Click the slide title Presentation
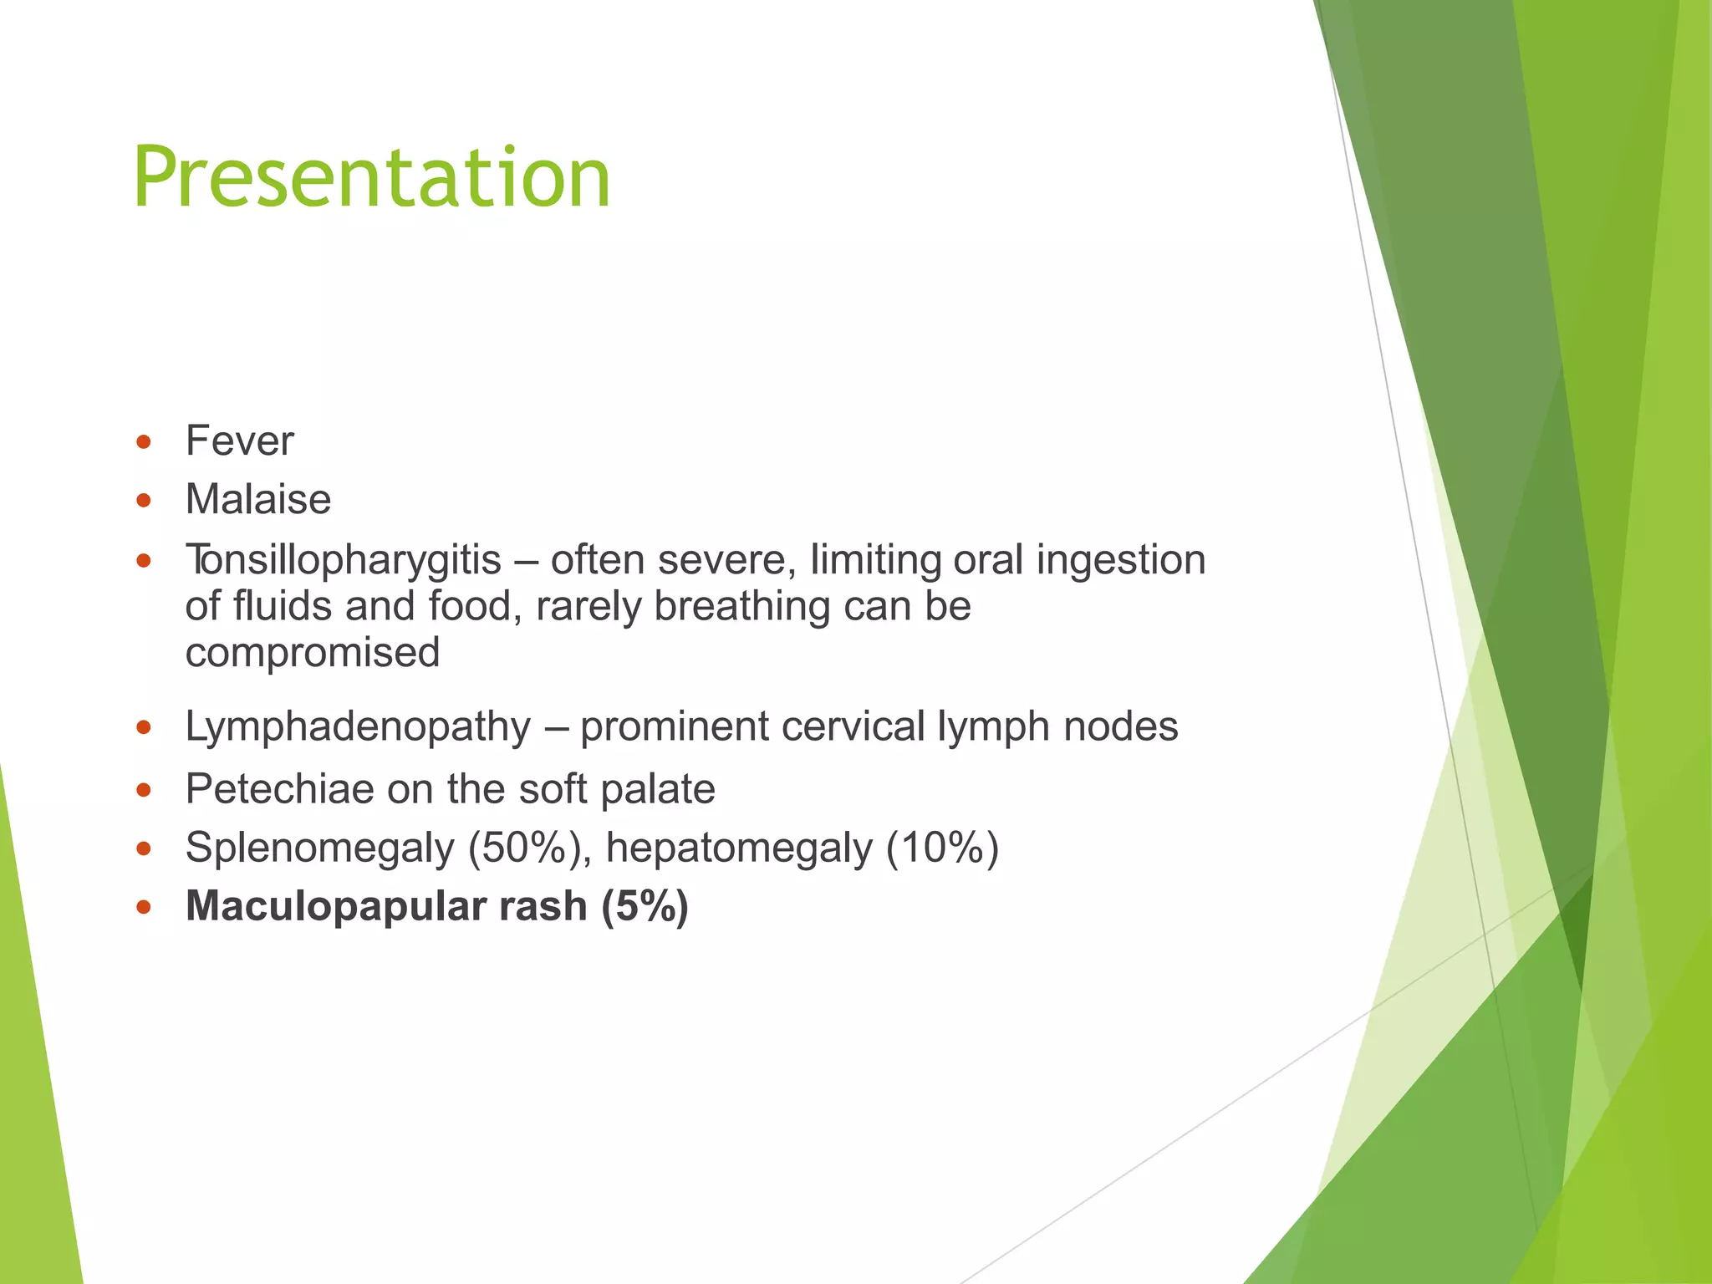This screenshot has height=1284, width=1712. (x=372, y=178)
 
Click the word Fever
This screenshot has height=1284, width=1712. (x=240, y=441)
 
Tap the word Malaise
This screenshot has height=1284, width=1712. (x=258, y=499)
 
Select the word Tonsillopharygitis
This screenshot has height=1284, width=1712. (x=344, y=559)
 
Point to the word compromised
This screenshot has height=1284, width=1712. (x=313, y=652)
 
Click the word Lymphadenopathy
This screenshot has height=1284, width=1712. (x=358, y=726)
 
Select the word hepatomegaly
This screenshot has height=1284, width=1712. (x=739, y=848)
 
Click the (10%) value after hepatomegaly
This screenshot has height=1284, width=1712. (x=942, y=848)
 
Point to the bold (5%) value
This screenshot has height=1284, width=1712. (x=645, y=906)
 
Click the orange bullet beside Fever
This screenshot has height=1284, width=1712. (x=144, y=441)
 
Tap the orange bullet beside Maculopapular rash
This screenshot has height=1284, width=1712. (x=144, y=907)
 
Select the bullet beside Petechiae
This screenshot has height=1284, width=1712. (x=144, y=789)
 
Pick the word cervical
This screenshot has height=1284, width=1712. (x=853, y=726)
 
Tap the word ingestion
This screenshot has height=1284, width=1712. (x=1120, y=559)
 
